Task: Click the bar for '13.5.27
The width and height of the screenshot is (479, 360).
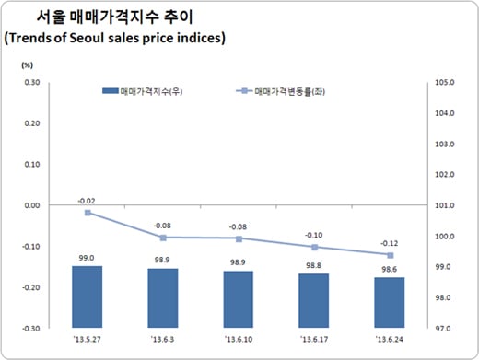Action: pyautogui.click(x=88, y=296)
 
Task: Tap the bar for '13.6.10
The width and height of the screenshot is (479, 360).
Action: pyautogui.click(x=238, y=299)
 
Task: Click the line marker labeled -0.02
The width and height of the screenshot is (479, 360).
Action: pyautogui.click(x=88, y=213)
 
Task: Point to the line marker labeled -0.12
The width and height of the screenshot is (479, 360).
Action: pyautogui.click(x=389, y=255)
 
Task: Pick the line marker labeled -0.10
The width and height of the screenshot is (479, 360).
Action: pyautogui.click(x=314, y=247)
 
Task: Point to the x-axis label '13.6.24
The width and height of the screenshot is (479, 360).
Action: pyautogui.click(x=389, y=338)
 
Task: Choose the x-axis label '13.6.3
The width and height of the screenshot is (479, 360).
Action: pyautogui.click(x=163, y=338)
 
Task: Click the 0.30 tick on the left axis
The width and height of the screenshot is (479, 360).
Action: pyautogui.click(x=30, y=83)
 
